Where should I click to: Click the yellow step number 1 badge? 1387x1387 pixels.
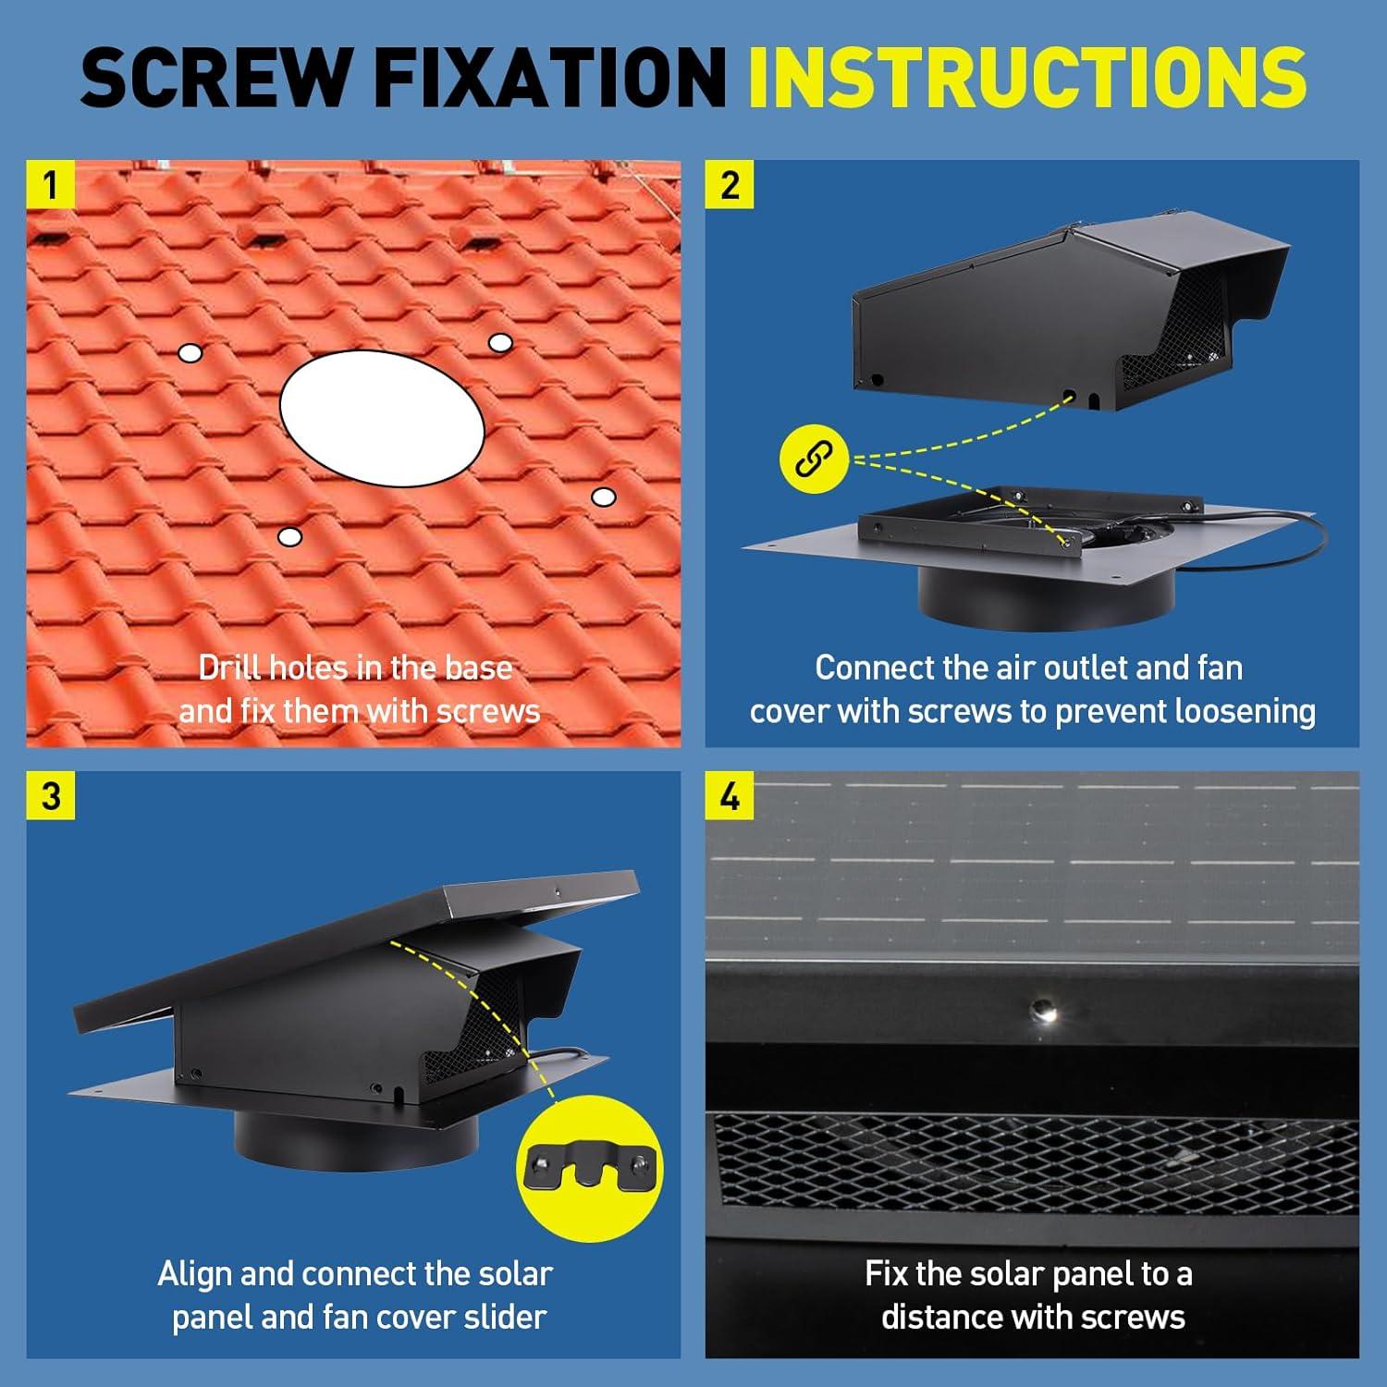(x=51, y=184)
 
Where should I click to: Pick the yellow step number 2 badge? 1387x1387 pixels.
(x=730, y=184)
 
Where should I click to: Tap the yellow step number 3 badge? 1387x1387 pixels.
(x=51, y=795)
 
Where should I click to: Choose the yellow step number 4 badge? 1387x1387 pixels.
(x=730, y=795)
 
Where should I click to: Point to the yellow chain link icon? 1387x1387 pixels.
(x=814, y=459)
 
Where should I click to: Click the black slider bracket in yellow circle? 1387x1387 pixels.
(x=590, y=1169)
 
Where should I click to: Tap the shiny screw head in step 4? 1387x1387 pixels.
(x=1044, y=1010)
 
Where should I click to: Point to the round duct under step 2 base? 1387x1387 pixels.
(x=1045, y=600)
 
